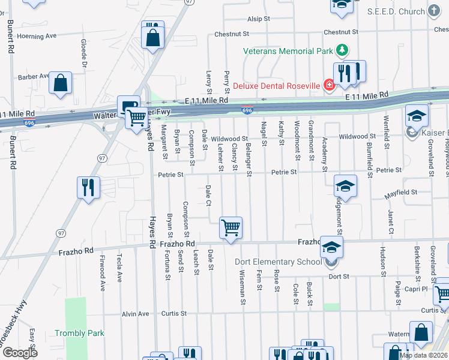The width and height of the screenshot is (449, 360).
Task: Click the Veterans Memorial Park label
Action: pos(288,51)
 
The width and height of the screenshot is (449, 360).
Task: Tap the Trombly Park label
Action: pos(79,333)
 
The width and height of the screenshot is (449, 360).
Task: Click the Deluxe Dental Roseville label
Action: pos(277,86)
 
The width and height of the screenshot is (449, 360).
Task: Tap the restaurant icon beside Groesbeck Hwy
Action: pos(88,188)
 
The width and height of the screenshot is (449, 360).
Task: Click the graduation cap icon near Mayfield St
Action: pos(345,187)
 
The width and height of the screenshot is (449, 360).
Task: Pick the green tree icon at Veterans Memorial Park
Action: pos(342,50)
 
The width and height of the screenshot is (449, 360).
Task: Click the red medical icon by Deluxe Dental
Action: pos(329,86)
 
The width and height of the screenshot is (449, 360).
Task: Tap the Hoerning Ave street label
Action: pos(37,36)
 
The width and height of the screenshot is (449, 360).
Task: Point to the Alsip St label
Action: pos(259,19)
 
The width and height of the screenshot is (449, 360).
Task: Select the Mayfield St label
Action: pos(400,192)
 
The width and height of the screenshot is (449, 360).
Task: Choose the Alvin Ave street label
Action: pos(135,314)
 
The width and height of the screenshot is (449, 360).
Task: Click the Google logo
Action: pos(20,353)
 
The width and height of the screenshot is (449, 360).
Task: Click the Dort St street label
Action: pos(339,277)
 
